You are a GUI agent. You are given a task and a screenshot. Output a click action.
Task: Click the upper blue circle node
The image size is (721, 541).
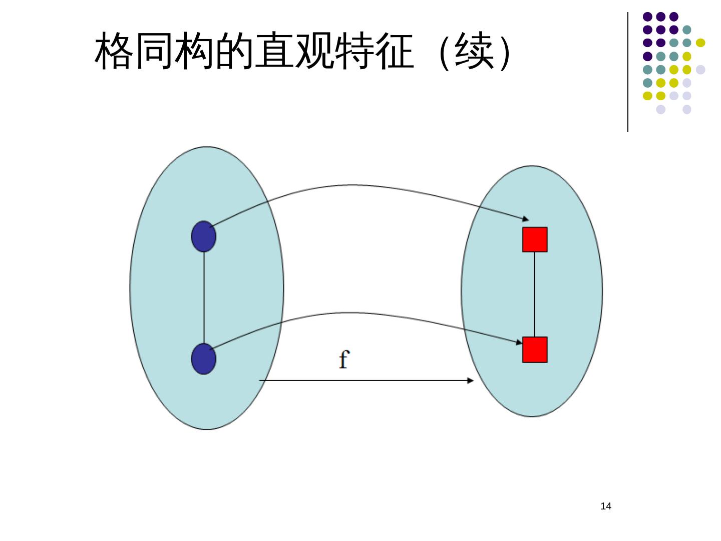(x=204, y=236)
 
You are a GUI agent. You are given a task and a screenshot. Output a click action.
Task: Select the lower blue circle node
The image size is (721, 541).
(x=204, y=359)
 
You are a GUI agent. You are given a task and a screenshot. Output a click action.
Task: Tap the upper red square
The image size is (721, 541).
(x=535, y=239)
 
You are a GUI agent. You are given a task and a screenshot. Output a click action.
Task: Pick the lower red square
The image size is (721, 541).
(x=535, y=350)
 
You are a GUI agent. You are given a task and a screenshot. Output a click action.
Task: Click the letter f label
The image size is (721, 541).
(x=343, y=359)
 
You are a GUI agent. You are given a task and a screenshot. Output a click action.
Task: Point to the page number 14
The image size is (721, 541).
(x=606, y=506)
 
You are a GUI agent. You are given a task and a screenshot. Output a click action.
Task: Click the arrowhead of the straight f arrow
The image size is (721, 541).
(x=470, y=381)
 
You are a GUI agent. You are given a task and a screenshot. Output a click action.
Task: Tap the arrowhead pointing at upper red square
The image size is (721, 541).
(x=525, y=218)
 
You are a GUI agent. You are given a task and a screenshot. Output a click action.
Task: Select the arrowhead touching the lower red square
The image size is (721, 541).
(x=519, y=342)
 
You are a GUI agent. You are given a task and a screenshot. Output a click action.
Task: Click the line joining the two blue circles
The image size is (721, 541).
(x=204, y=298)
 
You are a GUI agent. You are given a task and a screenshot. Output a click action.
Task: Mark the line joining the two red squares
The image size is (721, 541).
(x=535, y=295)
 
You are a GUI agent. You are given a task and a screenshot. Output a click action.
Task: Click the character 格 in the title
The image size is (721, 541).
(x=114, y=51)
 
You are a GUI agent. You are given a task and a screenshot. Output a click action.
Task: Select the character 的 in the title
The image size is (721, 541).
(x=234, y=51)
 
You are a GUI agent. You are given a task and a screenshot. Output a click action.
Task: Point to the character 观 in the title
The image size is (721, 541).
(x=314, y=51)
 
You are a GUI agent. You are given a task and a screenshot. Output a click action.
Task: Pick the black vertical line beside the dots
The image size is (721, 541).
(x=628, y=73)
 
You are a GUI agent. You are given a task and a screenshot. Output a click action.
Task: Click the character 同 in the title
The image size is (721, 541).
(x=154, y=51)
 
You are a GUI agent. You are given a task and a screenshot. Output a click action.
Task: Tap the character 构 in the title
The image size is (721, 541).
(x=194, y=51)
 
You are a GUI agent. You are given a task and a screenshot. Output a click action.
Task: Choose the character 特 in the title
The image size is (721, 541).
(x=354, y=51)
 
